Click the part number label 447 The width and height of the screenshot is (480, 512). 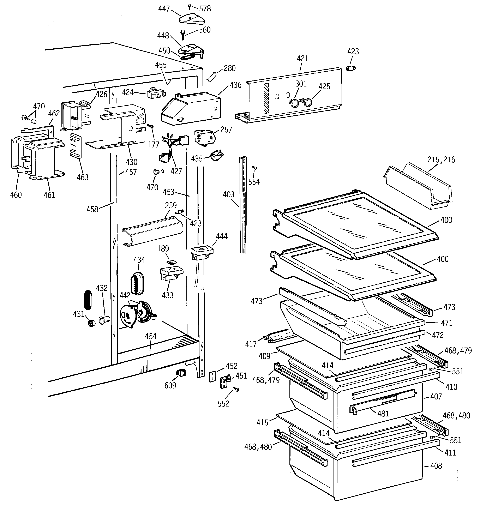tap(164, 9)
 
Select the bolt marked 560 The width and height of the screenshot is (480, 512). tap(183, 34)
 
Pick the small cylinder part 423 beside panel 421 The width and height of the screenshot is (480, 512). tap(350, 68)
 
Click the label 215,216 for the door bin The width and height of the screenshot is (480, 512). tap(441, 160)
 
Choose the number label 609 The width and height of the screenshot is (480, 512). tap(170, 386)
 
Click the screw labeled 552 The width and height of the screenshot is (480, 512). tap(236, 389)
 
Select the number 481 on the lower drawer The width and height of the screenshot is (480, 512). tap(383, 414)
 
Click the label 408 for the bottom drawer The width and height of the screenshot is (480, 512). tap(436, 466)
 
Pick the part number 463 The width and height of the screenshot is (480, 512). tap(82, 177)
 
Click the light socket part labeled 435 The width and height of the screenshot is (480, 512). tap(216, 156)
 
